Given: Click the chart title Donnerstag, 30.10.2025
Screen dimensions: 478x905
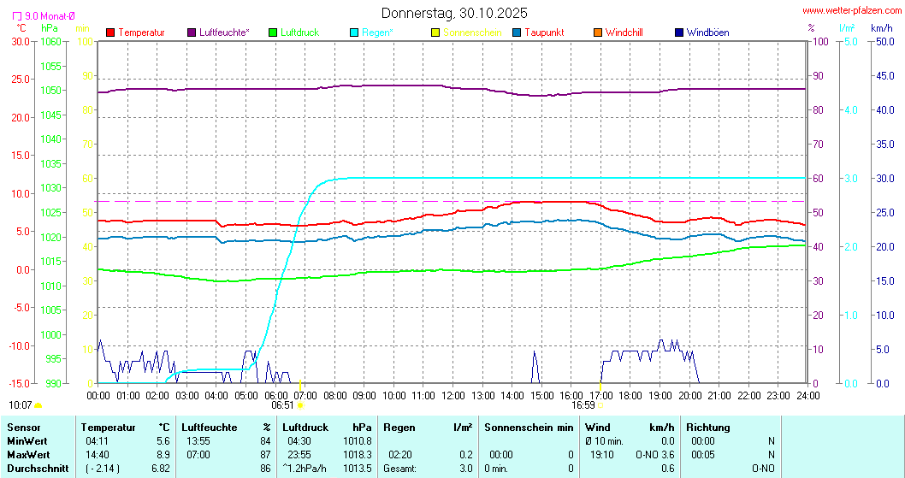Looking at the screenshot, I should pyautogui.click(x=454, y=13).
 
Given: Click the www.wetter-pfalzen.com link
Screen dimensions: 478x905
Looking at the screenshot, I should pyautogui.click(x=852, y=11).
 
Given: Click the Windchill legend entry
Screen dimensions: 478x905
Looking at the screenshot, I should pyautogui.click(x=624, y=32).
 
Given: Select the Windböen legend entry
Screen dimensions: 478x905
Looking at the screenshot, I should pyautogui.click(x=707, y=32).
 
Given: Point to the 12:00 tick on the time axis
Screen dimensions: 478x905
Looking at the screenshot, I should pyautogui.click(x=453, y=395).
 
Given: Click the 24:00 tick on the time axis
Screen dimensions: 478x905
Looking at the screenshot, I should pyautogui.click(x=807, y=395).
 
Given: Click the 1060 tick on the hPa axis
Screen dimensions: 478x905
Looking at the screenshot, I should pyautogui.click(x=50, y=41).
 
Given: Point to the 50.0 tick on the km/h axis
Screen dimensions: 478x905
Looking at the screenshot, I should pyautogui.click(x=882, y=41).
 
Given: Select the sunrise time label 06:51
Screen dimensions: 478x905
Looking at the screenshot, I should pyautogui.click(x=283, y=405).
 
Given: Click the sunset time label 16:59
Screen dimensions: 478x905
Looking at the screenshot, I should pyautogui.click(x=583, y=405).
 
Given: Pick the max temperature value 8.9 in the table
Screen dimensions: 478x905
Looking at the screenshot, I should pyautogui.click(x=162, y=454).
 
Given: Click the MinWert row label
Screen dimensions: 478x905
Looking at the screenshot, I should pyautogui.click(x=27, y=440).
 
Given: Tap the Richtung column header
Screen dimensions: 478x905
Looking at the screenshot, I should pyautogui.click(x=708, y=427).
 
